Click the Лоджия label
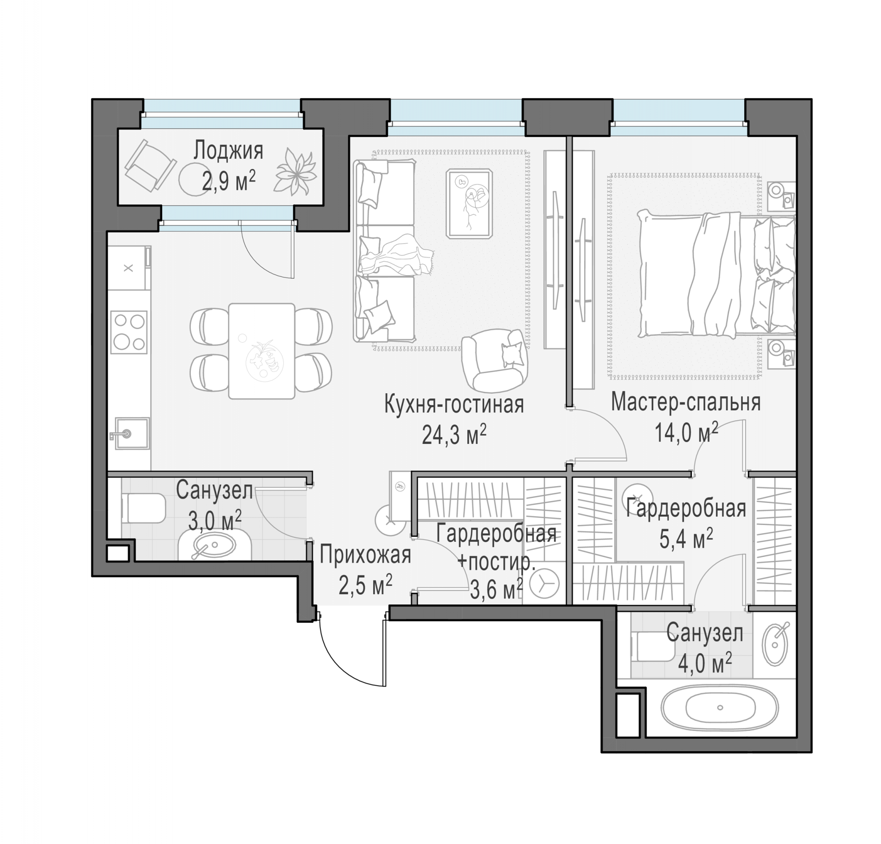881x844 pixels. point(228,151)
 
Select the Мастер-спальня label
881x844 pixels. point(686,402)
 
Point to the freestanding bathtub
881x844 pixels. point(719,707)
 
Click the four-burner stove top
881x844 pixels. point(130,332)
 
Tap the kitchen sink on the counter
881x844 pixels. point(132,433)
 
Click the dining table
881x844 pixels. point(262,351)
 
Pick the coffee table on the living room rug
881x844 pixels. point(469,203)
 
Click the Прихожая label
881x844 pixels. point(365,555)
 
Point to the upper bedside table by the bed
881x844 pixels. point(781,196)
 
